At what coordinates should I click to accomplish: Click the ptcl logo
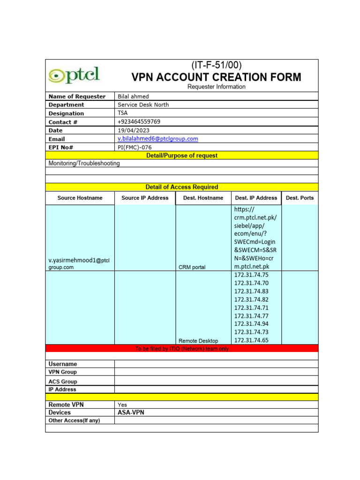click(74, 75)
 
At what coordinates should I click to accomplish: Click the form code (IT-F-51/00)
click(216, 65)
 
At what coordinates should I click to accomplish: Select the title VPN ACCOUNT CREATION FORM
click(216, 77)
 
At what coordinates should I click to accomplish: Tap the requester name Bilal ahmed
click(133, 97)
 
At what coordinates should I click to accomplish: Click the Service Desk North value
click(143, 105)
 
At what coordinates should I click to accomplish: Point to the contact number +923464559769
click(139, 122)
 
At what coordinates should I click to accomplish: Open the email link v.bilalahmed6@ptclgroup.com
click(157, 139)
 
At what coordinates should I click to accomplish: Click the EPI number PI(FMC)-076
click(135, 147)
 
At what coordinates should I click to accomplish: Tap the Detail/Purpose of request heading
click(182, 156)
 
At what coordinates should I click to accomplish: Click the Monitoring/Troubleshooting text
click(84, 164)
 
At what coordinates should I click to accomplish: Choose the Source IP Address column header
click(145, 198)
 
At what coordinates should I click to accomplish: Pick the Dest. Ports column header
click(300, 198)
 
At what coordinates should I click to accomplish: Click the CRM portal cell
click(192, 267)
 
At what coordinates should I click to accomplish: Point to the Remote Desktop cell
click(198, 341)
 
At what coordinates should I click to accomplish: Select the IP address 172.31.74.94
click(251, 324)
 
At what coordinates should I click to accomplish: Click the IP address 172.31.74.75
click(251, 275)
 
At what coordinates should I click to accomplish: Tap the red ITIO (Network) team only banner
click(182, 349)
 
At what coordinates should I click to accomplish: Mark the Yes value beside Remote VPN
click(122, 405)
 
